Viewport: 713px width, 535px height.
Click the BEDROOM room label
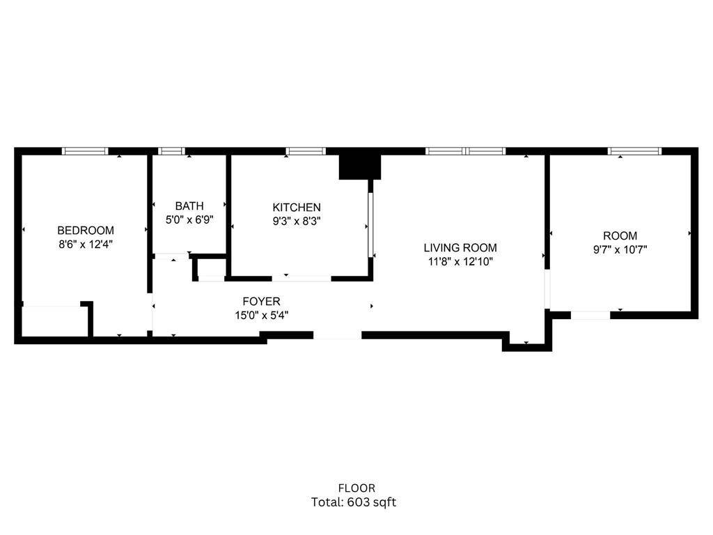click(x=86, y=231)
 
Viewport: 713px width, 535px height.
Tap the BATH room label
click(x=189, y=206)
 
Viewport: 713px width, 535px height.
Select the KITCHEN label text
click(x=297, y=208)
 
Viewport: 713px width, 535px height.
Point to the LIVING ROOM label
click(x=461, y=248)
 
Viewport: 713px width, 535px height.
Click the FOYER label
click(x=261, y=302)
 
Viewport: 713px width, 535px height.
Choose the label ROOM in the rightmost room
click(x=620, y=236)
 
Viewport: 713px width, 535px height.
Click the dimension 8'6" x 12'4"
click(x=86, y=245)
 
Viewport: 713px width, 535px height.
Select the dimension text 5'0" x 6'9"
click(x=189, y=219)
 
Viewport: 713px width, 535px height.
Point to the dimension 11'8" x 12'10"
click(x=461, y=262)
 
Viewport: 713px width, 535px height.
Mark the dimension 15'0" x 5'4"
click(x=261, y=315)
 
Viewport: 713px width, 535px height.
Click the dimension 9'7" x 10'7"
click(x=620, y=250)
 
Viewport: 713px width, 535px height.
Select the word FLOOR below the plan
click(x=356, y=488)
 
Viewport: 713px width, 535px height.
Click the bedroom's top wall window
click(x=85, y=151)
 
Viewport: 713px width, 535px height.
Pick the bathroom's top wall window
click(x=172, y=151)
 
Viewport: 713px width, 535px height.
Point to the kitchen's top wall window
click(x=306, y=151)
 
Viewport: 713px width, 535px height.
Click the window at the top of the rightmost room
click(x=635, y=151)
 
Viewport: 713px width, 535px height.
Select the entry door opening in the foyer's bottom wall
click(x=338, y=335)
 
